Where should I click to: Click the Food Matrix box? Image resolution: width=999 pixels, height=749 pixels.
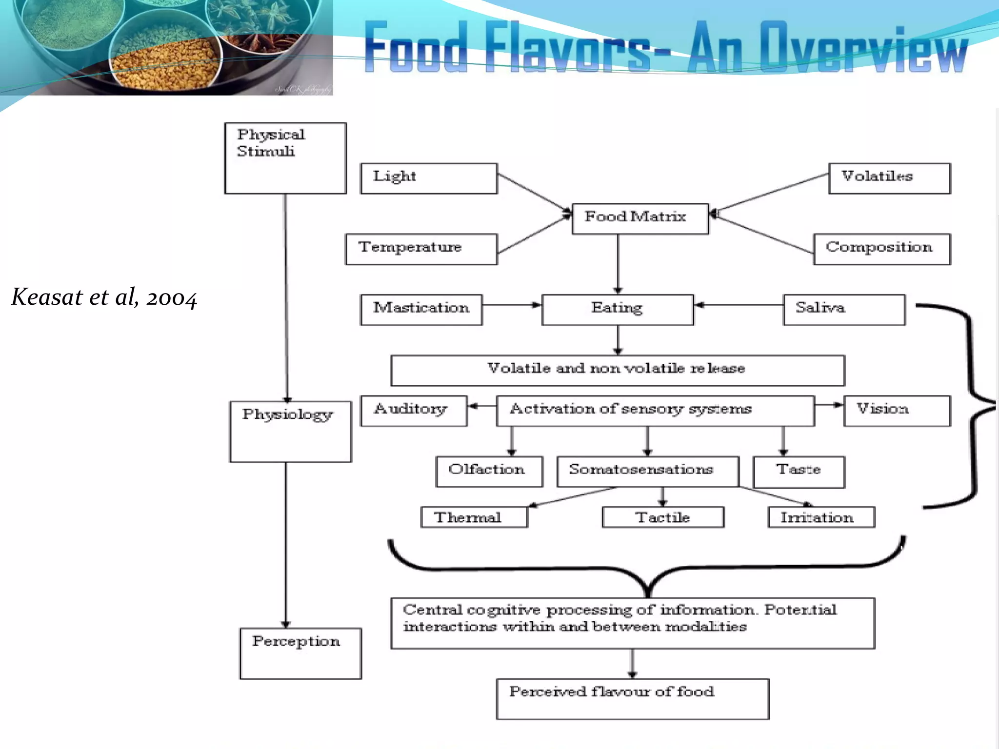click(x=640, y=218)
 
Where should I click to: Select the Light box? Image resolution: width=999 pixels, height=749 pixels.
click(x=429, y=178)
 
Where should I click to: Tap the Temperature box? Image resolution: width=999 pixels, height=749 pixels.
click(x=421, y=249)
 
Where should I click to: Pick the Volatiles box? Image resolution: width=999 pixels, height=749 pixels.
click(x=889, y=178)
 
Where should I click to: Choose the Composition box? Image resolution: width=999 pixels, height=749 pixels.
click(x=882, y=249)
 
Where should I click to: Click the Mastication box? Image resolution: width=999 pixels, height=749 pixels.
click(x=421, y=310)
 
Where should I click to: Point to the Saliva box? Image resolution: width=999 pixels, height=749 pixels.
click(x=844, y=310)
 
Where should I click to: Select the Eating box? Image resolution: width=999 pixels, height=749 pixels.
click(x=618, y=310)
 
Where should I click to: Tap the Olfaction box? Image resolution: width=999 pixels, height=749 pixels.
click(x=489, y=472)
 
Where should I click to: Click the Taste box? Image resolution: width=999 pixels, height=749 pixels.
click(x=799, y=472)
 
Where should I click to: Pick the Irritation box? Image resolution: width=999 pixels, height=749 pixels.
click(x=821, y=517)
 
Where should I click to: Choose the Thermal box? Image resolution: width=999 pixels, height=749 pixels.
click(x=474, y=517)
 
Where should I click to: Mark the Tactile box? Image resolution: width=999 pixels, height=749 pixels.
click(x=663, y=517)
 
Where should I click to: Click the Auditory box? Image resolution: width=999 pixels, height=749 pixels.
click(x=414, y=411)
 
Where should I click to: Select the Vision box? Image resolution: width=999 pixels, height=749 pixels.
click(x=897, y=411)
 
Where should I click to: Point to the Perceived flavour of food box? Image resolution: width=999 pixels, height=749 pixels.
click(x=633, y=698)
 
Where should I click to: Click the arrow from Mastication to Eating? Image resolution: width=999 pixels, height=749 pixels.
click(x=512, y=305)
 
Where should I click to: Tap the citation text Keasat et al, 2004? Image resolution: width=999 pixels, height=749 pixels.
click(x=104, y=297)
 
